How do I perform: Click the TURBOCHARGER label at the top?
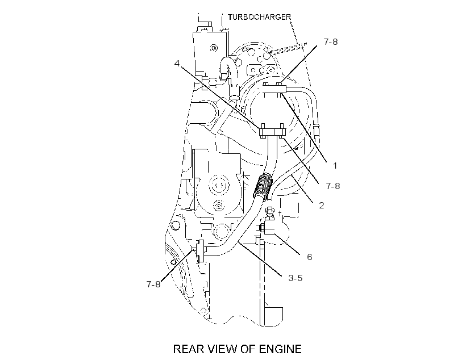[260, 17]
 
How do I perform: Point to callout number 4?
[177, 63]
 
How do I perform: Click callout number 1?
[335, 165]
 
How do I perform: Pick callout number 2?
[322, 205]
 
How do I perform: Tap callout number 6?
[309, 257]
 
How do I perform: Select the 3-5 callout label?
[296, 278]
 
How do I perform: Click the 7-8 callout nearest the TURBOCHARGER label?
[331, 42]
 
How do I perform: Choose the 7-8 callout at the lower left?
[153, 284]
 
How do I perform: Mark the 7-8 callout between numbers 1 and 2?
[333, 186]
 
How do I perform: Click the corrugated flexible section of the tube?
[263, 186]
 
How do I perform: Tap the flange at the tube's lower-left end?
[200, 251]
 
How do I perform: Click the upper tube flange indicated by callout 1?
[275, 89]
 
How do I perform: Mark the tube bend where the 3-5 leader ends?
[239, 242]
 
